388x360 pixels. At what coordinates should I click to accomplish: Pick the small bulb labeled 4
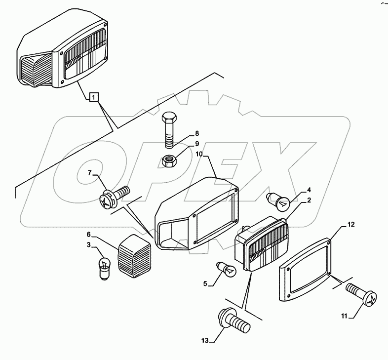pos(277,200)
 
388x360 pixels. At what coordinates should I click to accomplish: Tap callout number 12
pos(351,225)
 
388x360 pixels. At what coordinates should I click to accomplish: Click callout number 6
pos(88,235)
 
